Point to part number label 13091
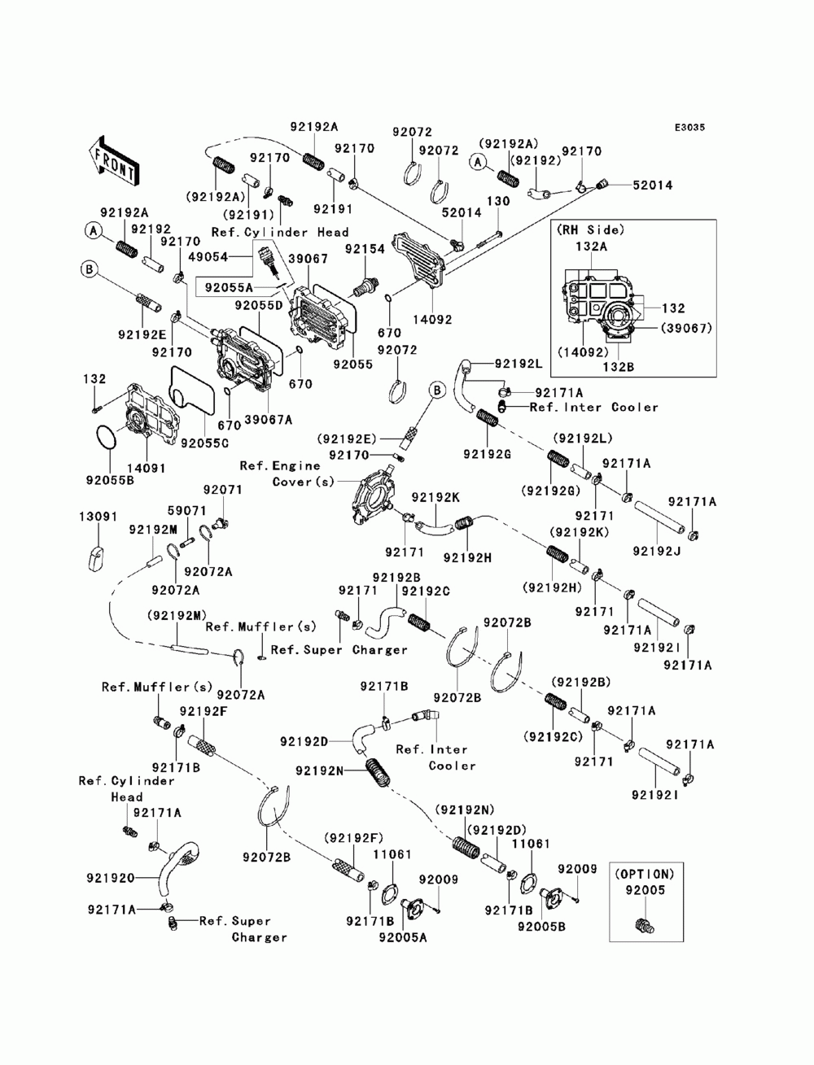pos(98,516)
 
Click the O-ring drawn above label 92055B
pos(110,435)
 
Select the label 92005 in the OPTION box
pos(645,891)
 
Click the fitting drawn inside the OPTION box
pos(646,924)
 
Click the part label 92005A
pos(402,936)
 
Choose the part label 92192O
pos(111,879)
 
